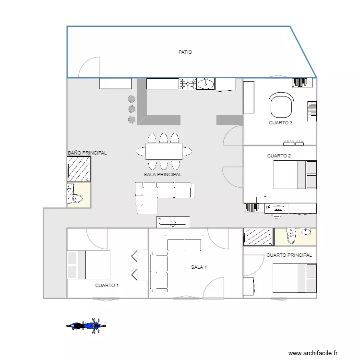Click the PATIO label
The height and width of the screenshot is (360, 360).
185,52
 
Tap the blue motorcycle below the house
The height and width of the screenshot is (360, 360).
86,326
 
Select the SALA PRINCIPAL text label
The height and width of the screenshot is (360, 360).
163,175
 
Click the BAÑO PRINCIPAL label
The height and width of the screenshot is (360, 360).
87,153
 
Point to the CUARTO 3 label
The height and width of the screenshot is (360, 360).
281,123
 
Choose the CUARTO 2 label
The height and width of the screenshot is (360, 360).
279,156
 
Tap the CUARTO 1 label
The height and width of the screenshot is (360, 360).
107,285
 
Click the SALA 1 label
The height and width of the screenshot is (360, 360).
199,267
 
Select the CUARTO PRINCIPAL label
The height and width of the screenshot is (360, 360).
289,255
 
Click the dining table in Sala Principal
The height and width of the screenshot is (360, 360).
163,152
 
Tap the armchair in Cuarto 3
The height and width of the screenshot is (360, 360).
281,105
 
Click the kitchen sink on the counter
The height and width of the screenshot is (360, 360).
206,84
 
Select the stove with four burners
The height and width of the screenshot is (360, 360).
188,84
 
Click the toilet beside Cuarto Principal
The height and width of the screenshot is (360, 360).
291,236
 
